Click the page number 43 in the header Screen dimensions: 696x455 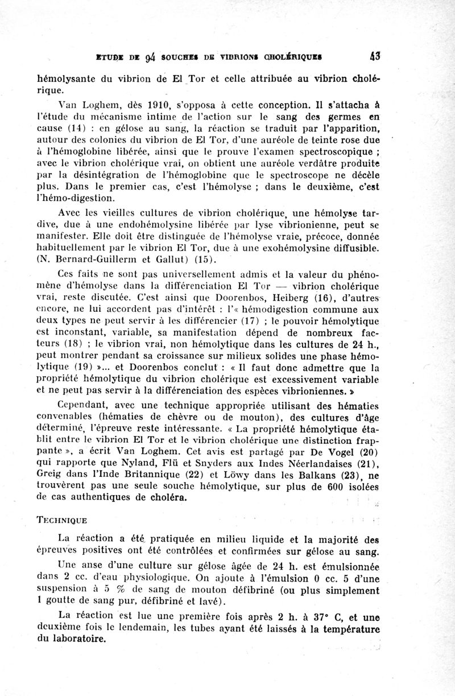[374, 56]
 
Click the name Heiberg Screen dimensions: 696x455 [278, 298]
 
